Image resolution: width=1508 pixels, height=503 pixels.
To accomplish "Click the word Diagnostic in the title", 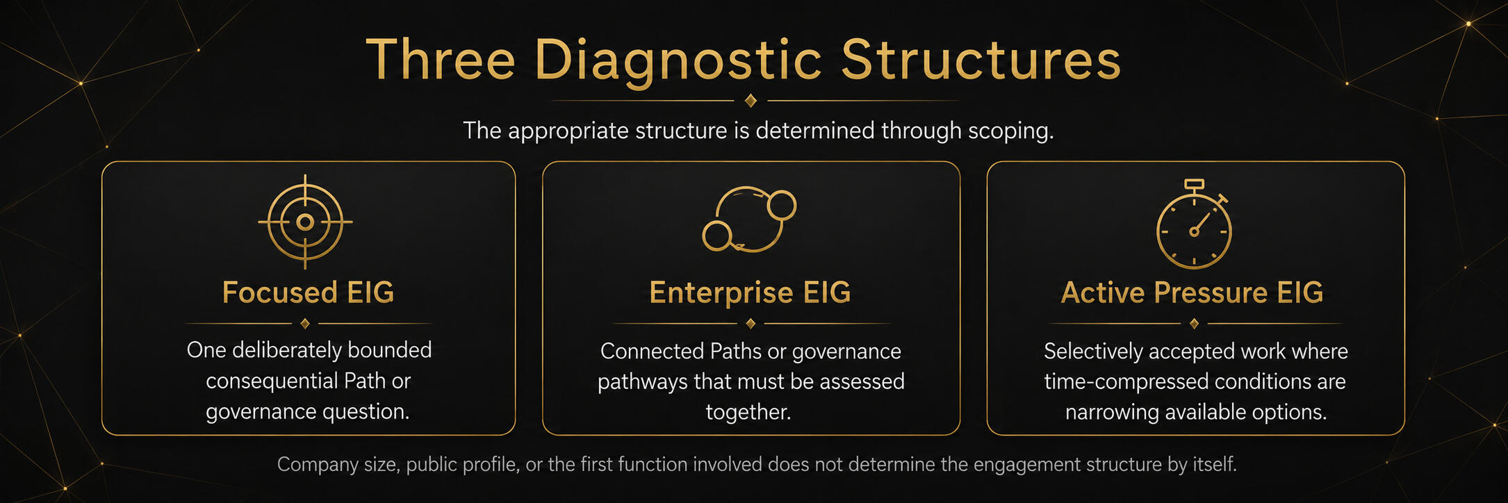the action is (678, 61).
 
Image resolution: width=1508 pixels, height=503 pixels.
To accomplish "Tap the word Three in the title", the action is (441, 59).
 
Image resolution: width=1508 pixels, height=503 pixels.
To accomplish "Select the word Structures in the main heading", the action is (981, 59).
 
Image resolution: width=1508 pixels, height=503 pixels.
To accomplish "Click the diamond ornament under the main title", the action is (751, 101).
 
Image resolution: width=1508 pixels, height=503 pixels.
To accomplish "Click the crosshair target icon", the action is (305, 222).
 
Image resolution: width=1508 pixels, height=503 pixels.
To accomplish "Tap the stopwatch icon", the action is (1194, 224).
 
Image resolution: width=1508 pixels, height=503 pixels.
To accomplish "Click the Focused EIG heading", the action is (308, 292).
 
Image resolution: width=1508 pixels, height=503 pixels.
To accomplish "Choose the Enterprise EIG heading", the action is (750, 293).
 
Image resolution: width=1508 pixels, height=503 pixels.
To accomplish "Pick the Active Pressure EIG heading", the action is (1192, 292).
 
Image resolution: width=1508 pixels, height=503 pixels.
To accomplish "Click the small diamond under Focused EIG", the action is (305, 324).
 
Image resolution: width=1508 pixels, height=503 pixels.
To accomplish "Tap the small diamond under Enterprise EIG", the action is (751, 324).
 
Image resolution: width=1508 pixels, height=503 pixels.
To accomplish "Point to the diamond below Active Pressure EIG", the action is (1194, 324).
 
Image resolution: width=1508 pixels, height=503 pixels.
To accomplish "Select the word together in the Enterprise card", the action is (748, 412).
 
